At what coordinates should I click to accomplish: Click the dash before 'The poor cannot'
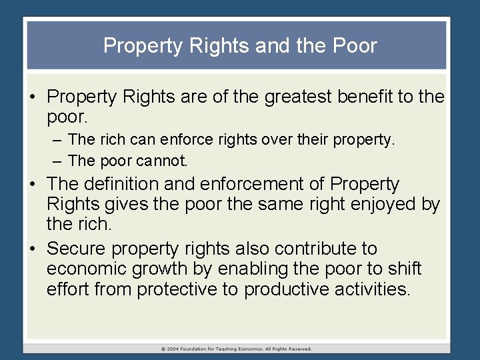[58, 161]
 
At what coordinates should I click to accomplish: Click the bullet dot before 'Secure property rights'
[32, 249]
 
